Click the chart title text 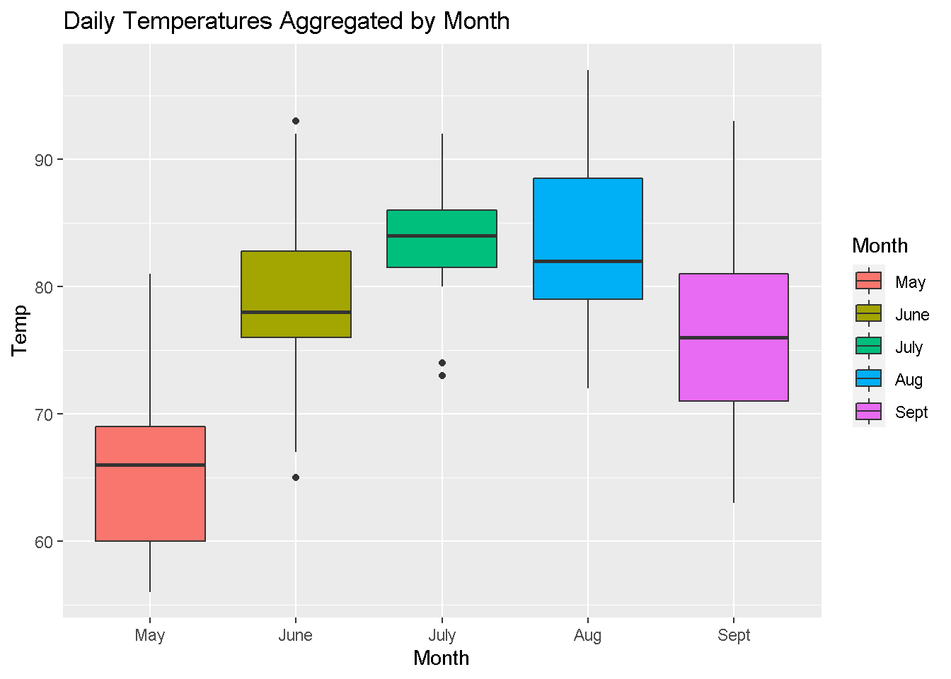287,21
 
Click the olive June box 296,283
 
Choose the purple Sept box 733,368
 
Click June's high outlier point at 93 296,121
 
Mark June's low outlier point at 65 296,477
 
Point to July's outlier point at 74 442,363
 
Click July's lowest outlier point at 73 442,376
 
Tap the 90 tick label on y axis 44,160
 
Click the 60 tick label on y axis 44,542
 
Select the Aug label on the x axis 587,635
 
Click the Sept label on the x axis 733,635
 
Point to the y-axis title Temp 19,330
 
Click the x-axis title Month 441,658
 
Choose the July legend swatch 868,346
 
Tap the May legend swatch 868,281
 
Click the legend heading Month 880,245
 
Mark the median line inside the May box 150,465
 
